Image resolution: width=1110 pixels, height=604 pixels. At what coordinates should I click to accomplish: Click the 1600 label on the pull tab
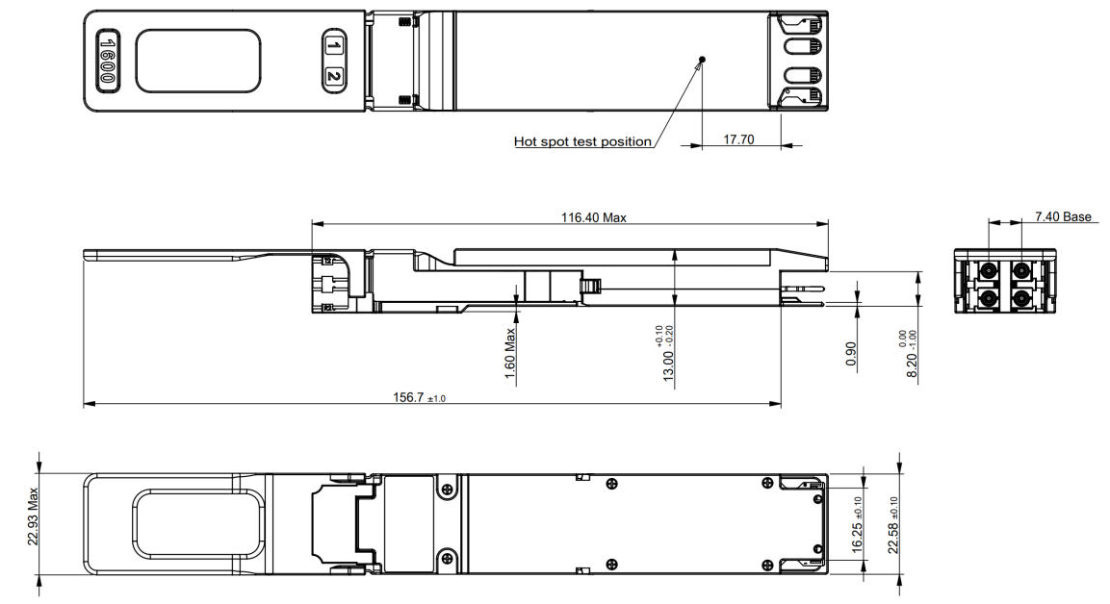click(x=107, y=61)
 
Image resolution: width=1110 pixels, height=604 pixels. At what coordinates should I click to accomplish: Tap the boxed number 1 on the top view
click(x=334, y=47)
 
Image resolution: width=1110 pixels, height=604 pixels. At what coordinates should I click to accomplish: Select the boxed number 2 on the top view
click(x=334, y=76)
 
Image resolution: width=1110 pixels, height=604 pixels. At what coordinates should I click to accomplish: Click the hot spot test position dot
click(x=702, y=60)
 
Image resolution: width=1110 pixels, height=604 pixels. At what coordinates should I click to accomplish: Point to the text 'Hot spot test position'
click(x=582, y=141)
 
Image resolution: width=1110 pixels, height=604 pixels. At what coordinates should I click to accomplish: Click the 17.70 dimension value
click(x=738, y=140)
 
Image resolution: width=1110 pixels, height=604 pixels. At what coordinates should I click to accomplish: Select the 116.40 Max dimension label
click(x=594, y=217)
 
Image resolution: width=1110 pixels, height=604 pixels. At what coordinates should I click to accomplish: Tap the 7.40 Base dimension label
click(x=1063, y=216)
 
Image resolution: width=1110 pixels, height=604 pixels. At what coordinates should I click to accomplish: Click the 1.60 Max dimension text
click(x=509, y=353)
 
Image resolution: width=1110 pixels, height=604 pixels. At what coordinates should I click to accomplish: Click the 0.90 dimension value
click(x=851, y=354)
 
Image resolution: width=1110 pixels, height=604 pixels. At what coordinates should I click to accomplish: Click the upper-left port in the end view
click(x=986, y=270)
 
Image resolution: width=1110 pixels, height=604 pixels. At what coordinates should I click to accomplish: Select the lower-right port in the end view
click(x=1020, y=299)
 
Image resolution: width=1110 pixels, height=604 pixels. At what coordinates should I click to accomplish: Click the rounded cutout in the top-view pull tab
click(x=197, y=61)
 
